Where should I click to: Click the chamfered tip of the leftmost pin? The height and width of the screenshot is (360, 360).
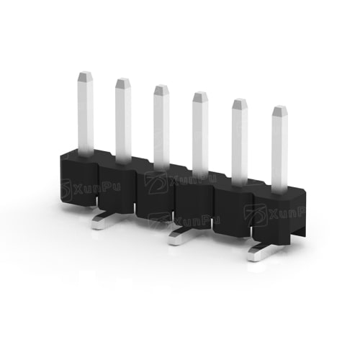pyautogui.click(x=86, y=76)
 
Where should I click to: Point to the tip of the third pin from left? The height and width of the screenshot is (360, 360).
pyautogui.click(x=161, y=89)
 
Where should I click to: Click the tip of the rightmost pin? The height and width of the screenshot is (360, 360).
pyautogui.click(x=280, y=110)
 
